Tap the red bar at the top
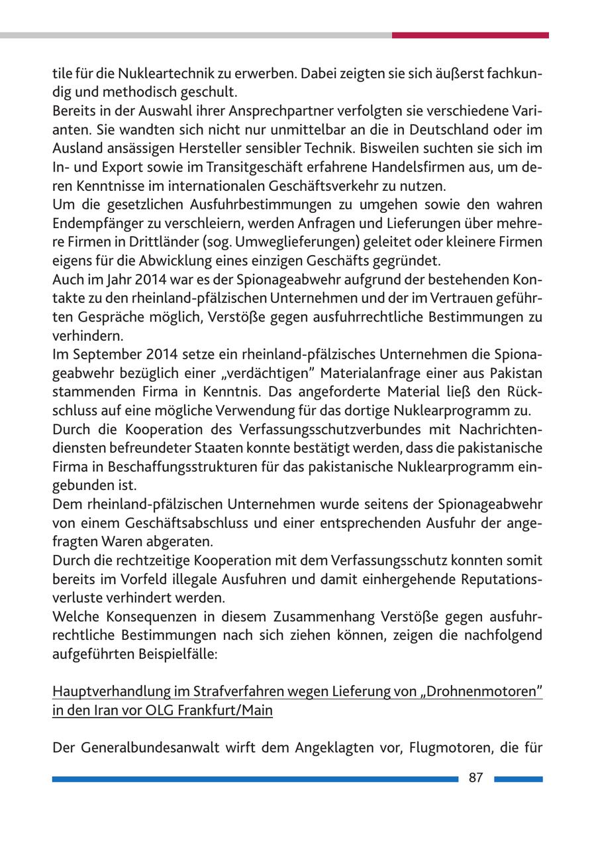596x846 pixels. (x=470, y=35)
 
